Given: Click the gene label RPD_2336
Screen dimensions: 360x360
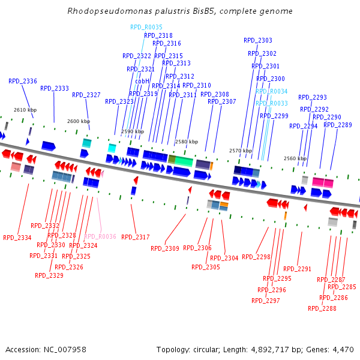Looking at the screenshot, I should [23, 81].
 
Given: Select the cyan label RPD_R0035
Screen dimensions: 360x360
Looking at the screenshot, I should [146, 28].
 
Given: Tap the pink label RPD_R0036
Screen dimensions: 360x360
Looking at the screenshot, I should [100, 237].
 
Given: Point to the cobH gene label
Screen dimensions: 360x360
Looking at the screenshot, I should [142, 81].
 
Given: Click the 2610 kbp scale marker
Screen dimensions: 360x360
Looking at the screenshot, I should [25, 110].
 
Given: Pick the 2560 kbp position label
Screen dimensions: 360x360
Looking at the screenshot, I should [295, 158].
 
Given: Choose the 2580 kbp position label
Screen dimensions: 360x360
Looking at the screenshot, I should [186, 142].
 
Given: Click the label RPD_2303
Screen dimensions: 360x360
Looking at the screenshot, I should [258, 41].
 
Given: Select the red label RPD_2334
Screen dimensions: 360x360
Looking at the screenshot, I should [17, 238].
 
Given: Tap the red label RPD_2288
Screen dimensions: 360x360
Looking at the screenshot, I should [322, 309].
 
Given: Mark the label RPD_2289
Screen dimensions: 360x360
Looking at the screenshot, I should [338, 125].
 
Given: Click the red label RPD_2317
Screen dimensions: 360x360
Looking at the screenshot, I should [136, 238].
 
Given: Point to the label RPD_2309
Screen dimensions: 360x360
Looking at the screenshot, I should [165, 248].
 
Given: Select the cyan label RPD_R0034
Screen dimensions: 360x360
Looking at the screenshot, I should [272, 92].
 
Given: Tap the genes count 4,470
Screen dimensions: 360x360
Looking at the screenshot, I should [341, 349].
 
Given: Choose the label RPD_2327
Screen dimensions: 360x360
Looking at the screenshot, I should [86, 95].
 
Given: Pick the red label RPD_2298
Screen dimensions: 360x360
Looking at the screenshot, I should [256, 257].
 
